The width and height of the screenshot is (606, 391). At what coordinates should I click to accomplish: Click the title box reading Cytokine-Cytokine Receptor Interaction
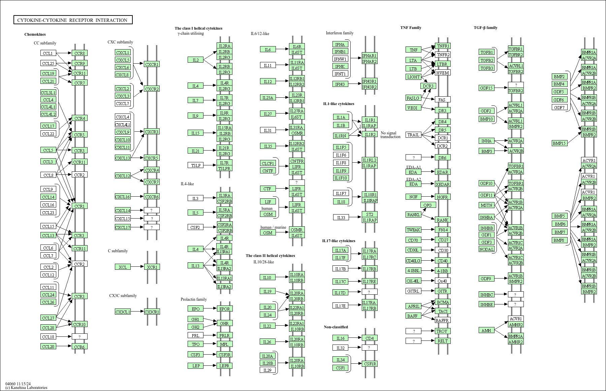[73, 20]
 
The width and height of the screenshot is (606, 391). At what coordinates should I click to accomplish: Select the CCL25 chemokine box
[48, 63]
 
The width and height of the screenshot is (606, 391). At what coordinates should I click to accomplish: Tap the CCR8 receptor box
[79, 53]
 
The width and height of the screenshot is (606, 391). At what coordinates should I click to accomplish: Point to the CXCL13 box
[123, 158]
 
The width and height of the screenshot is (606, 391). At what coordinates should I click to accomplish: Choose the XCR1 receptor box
[152, 267]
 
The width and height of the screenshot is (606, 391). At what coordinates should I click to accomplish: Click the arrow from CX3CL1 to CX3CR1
[137, 312]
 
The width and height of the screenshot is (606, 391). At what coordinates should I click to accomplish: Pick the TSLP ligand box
[195, 165]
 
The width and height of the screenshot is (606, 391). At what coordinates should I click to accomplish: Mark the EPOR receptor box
[224, 309]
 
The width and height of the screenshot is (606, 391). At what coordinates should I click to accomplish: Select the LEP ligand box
[195, 366]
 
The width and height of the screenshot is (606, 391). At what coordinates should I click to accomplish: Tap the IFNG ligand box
[340, 84]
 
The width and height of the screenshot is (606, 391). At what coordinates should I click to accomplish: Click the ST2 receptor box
[370, 214]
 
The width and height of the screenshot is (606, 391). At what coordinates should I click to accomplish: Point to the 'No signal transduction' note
[390, 135]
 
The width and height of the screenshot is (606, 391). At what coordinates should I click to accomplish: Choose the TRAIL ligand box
[413, 135]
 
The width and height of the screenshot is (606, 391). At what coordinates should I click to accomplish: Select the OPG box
[427, 205]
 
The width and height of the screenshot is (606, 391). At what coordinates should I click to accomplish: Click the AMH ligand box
[486, 330]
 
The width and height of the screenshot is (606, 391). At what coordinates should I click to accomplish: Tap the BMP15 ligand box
[559, 143]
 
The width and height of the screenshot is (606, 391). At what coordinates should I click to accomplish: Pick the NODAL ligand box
[486, 249]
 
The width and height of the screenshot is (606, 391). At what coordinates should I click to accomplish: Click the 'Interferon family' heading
[340, 33]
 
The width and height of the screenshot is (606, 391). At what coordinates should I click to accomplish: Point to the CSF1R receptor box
[370, 364]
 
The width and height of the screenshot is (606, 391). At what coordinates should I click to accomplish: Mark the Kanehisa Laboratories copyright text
[26, 388]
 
